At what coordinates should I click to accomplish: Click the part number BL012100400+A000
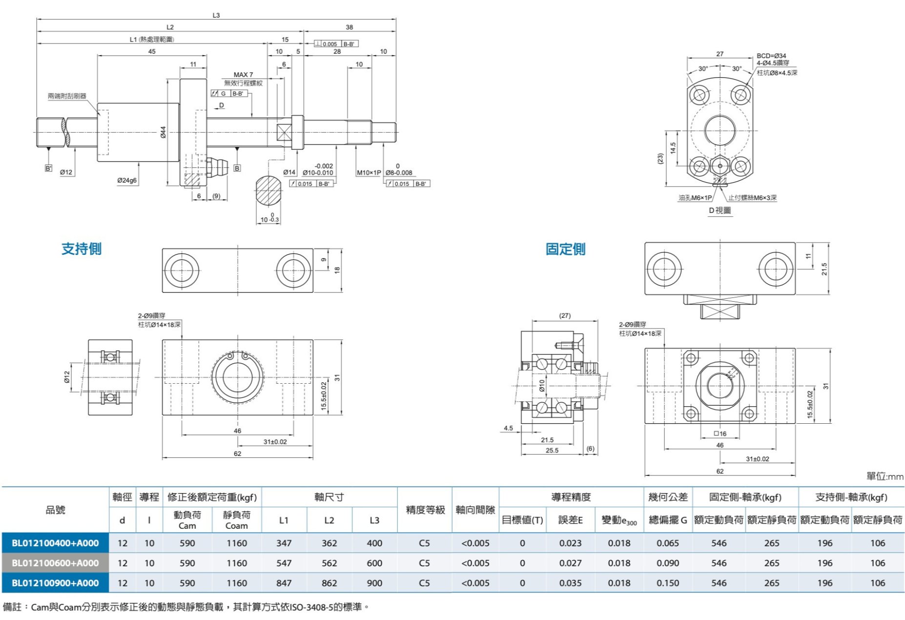[55, 543]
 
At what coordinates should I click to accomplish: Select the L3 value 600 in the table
[374, 563]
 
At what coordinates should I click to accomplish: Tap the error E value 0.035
[571, 583]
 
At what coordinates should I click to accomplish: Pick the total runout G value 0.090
[667, 563]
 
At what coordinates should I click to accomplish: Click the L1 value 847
[284, 583]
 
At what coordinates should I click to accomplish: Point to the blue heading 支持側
[82, 249]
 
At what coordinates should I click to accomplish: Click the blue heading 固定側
[565, 249]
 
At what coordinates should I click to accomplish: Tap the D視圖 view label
[720, 210]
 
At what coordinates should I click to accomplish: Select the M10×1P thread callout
[369, 173]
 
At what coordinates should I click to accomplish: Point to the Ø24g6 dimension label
[127, 181]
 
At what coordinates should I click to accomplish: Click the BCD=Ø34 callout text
[771, 56]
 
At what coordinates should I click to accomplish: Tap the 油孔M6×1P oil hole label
[695, 198]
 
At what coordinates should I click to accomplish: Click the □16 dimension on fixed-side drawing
[720, 434]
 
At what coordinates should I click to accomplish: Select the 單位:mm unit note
[884, 476]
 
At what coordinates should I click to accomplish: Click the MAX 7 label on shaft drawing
[243, 75]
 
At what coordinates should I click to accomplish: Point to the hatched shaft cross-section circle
[268, 191]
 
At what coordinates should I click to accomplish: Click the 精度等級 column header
[425, 510]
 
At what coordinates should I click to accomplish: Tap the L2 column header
[329, 520]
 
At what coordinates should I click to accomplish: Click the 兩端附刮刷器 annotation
[67, 96]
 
